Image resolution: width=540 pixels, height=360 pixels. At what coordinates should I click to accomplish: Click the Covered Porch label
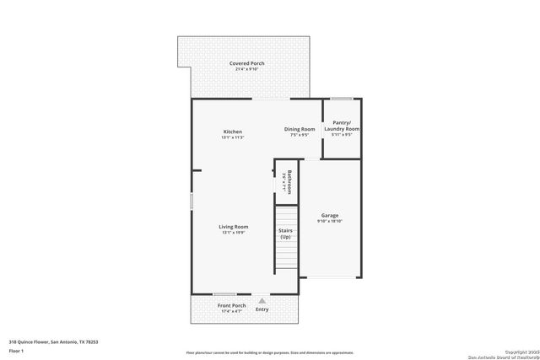pyautogui.click(x=246, y=63)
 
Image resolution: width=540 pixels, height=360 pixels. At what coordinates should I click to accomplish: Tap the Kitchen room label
pyautogui.click(x=233, y=132)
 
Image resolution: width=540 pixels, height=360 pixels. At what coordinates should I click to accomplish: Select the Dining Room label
pyautogui.click(x=299, y=129)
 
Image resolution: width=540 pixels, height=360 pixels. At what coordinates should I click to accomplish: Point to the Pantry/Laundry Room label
pyautogui.click(x=342, y=126)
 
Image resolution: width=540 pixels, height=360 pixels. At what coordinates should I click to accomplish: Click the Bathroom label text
pyautogui.click(x=289, y=180)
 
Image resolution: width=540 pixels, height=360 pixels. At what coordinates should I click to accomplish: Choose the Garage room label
pyautogui.click(x=329, y=216)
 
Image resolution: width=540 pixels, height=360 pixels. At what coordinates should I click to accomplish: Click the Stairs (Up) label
pyautogui.click(x=285, y=234)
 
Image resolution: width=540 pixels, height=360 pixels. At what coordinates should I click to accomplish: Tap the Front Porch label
pyautogui.click(x=231, y=305)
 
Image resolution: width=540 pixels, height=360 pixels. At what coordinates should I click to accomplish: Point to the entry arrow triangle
pyautogui.click(x=262, y=300)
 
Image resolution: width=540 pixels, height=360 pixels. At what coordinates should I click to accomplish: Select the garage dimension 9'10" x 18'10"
pyautogui.click(x=329, y=222)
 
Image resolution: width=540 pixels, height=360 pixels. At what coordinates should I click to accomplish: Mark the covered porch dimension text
pyautogui.click(x=246, y=69)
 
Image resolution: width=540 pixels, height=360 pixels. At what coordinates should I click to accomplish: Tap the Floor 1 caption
pyautogui.click(x=16, y=351)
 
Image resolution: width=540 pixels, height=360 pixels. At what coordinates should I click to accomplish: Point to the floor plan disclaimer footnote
pyautogui.click(x=269, y=352)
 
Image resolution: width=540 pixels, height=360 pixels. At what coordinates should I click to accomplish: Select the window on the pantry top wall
pyautogui.click(x=341, y=99)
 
